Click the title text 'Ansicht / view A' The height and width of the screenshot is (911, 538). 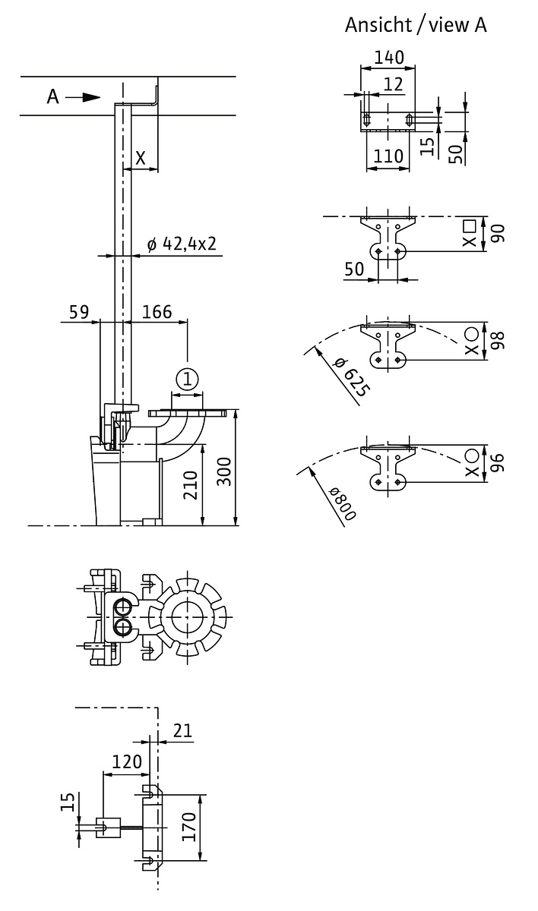coord(416,25)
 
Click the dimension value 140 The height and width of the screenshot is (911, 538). coord(388,57)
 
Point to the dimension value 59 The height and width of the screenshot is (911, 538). coord(78,311)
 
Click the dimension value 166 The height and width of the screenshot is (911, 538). coord(157,311)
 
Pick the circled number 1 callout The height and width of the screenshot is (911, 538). coord(187,378)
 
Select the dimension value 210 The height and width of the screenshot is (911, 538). coord(191,487)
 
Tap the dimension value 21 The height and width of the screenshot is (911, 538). coord(183,730)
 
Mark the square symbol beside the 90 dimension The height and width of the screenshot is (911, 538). coord(470,225)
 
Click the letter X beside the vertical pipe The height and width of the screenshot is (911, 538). coord(141,158)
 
